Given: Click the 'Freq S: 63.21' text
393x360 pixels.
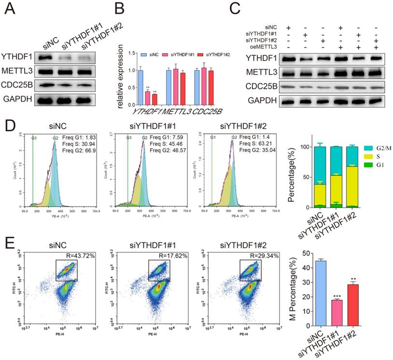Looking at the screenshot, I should click(255, 143).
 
